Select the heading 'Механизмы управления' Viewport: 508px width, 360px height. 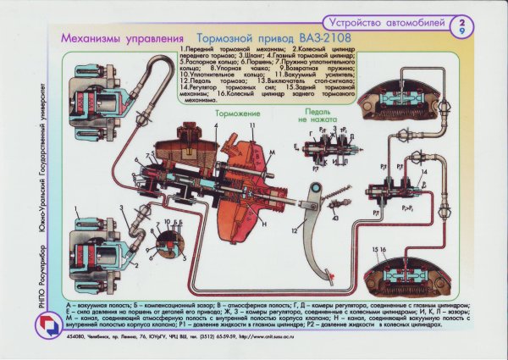pos(122,39)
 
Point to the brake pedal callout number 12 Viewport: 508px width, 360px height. pos(295,230)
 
